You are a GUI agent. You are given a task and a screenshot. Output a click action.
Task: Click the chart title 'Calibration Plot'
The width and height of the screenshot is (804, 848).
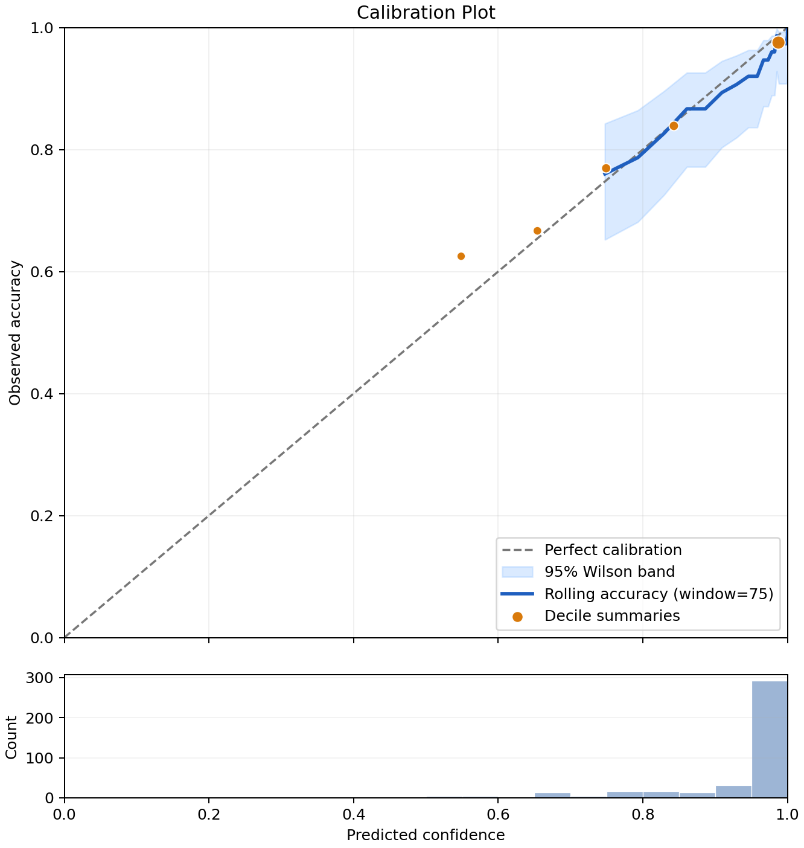tap(426, 13)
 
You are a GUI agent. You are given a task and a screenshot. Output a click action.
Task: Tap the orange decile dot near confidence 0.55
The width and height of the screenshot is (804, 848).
tap(461, 256)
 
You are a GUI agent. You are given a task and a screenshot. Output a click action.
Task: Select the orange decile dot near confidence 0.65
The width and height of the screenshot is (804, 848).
tap(537, 231)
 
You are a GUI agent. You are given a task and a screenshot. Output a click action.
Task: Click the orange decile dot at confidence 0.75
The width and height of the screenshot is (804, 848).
tap(605, 169)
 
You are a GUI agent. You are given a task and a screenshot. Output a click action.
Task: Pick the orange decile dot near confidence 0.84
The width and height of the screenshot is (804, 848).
tap(674, 126)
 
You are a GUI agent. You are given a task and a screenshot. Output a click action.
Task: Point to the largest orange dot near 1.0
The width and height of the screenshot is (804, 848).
tap(778, 43)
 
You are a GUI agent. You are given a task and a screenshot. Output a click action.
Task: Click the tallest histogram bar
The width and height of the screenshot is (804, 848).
tap(770, 739)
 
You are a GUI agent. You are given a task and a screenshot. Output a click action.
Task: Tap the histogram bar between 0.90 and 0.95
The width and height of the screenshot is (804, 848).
tap(733, 791)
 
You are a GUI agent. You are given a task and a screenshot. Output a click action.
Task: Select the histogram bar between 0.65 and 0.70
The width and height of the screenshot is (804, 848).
tap(552, 795)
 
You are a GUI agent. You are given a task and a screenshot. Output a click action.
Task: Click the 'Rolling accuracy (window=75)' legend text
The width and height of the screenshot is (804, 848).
tap(659, 594)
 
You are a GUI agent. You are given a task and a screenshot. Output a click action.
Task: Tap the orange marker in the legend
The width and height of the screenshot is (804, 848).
tap(517, 617)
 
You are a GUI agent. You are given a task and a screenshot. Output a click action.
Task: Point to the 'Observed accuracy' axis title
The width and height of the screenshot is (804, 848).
tap(14, 333)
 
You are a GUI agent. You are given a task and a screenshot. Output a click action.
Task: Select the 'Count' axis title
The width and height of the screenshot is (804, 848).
tap(11, 737)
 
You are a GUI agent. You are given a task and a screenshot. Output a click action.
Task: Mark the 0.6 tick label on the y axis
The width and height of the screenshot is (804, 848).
tap(42, 272)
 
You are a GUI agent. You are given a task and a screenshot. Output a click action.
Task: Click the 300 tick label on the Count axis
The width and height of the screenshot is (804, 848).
tap(40, 678)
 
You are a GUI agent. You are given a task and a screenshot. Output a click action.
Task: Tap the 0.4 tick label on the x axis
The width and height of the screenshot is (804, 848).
tap(354, 814)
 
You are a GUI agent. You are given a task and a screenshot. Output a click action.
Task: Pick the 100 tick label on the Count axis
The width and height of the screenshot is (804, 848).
tap(40, 758)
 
